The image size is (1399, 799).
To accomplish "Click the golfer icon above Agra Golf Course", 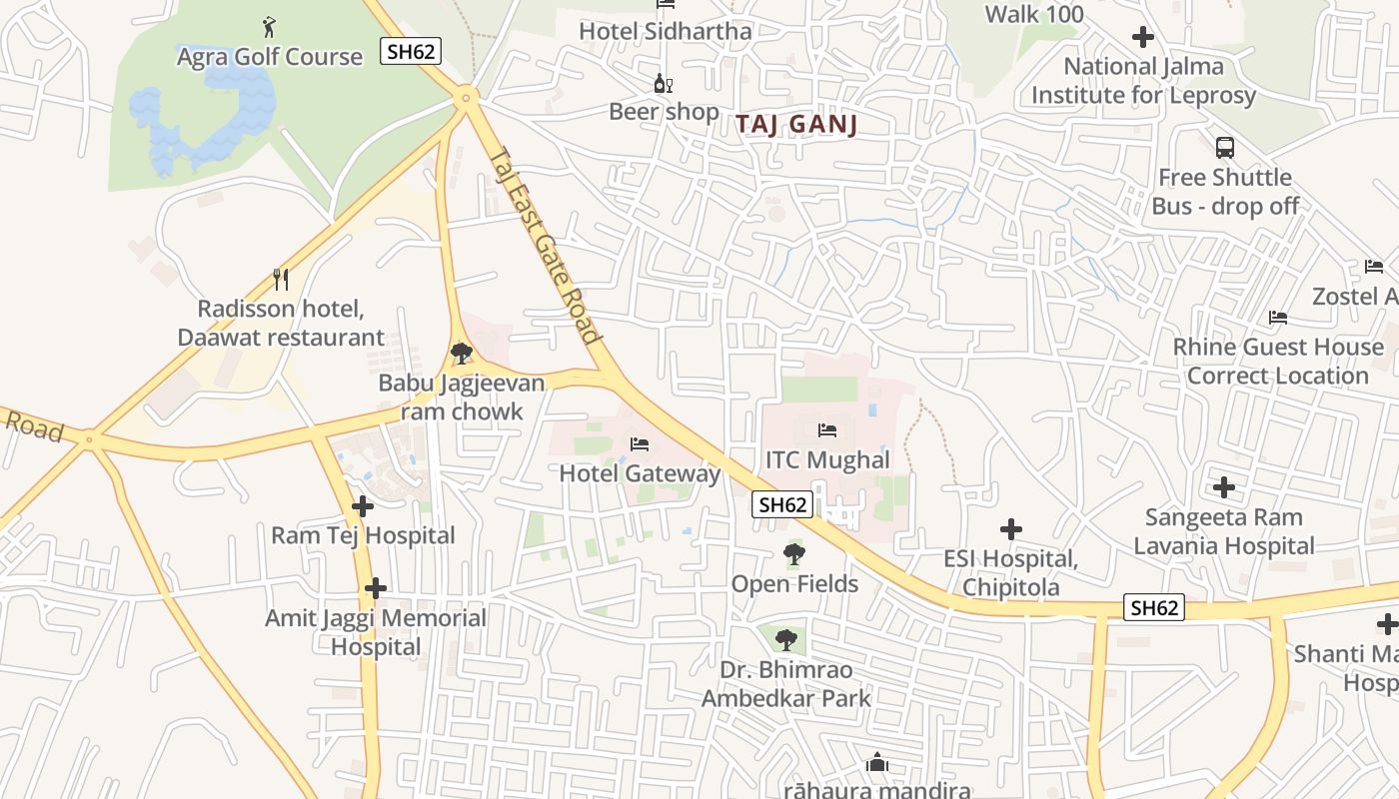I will coord(268,25).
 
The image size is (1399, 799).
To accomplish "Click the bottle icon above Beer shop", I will coord(660,83).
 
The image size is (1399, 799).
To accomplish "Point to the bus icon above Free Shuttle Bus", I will coord(1224,148).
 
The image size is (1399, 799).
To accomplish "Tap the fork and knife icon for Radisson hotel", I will coord(281,279).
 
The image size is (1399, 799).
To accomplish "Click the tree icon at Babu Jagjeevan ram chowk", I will coord(461,353).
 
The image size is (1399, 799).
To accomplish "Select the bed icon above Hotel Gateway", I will coord(640,443).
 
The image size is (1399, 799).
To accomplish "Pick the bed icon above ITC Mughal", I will coord(827,430).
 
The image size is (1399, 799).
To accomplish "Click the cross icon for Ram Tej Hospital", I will coord(363,506).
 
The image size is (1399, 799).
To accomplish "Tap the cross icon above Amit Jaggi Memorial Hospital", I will coord(376,588).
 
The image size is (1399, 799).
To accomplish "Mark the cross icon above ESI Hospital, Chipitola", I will coord(1011,528).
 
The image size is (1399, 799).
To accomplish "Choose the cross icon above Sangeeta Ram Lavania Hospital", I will coord(1224,487).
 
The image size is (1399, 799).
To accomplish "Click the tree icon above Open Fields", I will coord(793,553).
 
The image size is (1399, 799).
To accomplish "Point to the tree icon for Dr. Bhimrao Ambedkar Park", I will coord(786,639).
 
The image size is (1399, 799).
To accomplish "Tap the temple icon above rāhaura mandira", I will coord(877,763).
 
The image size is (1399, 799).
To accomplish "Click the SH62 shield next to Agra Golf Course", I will coord(411,51).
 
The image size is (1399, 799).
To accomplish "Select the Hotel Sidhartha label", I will coord(665,31).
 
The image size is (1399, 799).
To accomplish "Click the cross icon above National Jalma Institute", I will coord(1143,37).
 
